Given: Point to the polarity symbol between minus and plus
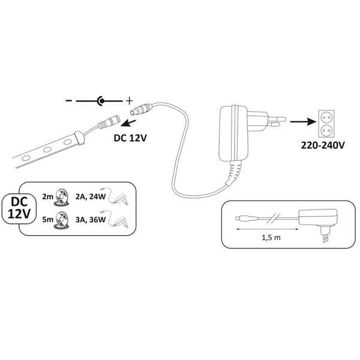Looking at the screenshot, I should pos(100,102).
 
